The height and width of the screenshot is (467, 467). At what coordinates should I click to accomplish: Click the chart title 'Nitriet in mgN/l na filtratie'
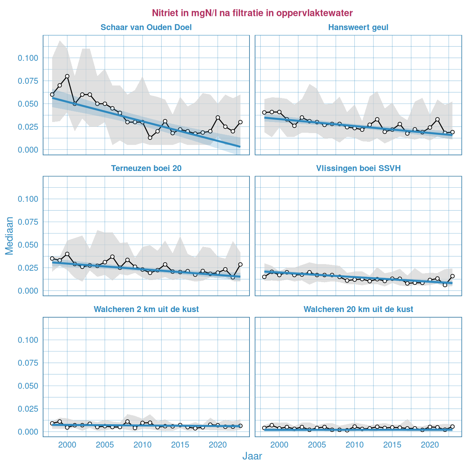(252, 13)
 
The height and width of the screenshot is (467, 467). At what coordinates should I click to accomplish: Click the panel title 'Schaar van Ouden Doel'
(146, 27)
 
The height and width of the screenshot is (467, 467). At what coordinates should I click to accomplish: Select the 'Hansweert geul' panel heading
(358, 27)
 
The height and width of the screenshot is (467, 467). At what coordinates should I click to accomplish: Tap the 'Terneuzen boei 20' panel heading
(146, 169)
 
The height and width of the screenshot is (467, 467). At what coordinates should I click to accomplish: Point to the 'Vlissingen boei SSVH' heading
(358, 169)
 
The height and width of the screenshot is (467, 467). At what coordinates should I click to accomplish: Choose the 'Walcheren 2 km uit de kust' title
(146, 309)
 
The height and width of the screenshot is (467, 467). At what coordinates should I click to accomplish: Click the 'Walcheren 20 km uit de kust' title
(358, 309)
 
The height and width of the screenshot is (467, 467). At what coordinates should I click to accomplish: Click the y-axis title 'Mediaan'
(9, 236)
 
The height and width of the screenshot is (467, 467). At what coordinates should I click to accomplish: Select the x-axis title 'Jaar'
(252, 456)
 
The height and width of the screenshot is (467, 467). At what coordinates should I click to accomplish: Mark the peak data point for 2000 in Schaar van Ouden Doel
(67, 76)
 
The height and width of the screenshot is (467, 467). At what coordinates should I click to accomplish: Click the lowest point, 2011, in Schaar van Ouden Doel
(150, 138)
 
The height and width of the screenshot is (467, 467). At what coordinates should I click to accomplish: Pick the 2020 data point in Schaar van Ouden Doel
(218, 117)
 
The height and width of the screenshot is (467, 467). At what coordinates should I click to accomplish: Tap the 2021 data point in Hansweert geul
(437, 119)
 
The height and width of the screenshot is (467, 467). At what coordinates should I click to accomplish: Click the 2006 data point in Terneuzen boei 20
(112, 257)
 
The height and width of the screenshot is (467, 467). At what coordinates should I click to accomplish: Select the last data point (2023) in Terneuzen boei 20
(240, 264)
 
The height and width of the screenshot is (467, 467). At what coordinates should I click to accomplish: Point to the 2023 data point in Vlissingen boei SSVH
(452, 276)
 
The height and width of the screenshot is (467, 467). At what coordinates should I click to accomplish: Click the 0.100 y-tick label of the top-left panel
(28, 58)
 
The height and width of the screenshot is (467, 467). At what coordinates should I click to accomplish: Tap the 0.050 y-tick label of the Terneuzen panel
(28, 245)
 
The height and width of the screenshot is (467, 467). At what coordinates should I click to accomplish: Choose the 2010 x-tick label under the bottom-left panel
(142, 445)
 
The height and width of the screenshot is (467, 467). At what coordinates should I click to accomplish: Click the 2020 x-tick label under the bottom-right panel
(430, 445)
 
